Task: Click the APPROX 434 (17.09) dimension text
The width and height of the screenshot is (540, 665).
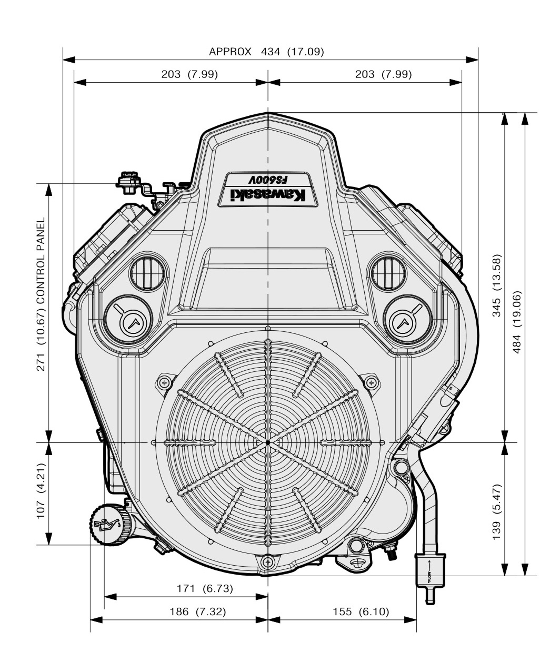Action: (x=266, y=51)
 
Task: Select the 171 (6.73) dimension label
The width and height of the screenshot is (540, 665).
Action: (x=205, y=589)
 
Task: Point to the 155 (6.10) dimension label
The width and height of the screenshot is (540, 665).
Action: (x=361, y=612)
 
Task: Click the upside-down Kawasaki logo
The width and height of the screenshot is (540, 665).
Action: (x=267, y=195)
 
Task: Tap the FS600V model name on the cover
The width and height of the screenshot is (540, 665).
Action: (x=268, y=180)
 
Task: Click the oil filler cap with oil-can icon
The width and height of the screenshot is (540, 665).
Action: (x=106, y=524)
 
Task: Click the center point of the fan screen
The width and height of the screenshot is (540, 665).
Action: (x=267, y=442)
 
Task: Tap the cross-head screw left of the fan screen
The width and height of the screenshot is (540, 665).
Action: (x=163, y=382)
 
